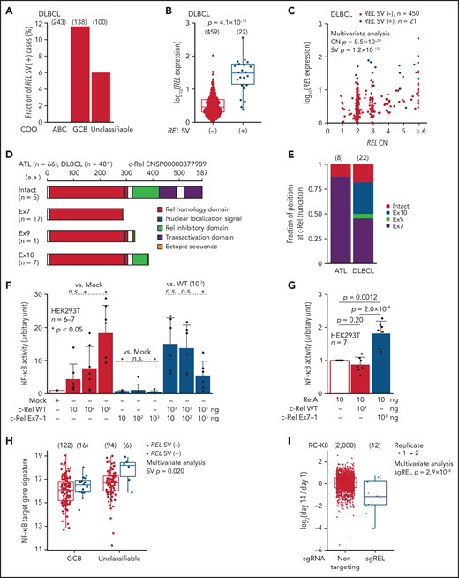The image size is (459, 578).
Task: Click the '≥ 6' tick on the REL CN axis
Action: click(442, 147)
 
